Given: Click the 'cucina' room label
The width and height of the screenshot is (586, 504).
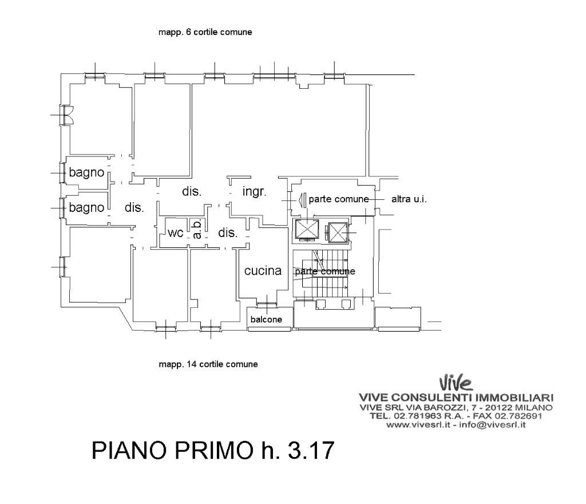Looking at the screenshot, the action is pos(263,270).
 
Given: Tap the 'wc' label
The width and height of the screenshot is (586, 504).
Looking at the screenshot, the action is pos(175,233).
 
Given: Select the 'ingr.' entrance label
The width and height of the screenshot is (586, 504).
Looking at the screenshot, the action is pos(254,192).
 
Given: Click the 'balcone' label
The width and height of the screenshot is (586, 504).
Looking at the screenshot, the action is pos(266,320).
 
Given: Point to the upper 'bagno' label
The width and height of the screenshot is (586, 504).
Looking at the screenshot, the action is pos(86,173).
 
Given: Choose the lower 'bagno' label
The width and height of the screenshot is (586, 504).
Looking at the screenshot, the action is pos(86,207).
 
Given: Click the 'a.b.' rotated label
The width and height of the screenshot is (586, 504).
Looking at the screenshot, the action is pos(197,229).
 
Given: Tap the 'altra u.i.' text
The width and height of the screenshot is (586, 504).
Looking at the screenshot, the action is pos(409,199).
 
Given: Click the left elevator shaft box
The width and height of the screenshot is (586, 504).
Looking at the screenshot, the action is pos(307,230).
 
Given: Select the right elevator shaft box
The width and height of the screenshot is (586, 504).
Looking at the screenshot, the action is pos(338,233).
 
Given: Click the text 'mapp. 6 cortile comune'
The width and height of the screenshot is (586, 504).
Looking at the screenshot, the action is pos(205,32).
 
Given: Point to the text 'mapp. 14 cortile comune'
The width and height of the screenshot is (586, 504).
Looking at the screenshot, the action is pos(208,364).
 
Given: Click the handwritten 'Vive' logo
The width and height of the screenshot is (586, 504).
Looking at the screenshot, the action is pos(456,383).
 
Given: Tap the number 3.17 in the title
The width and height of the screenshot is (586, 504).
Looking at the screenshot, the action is pos(311,450).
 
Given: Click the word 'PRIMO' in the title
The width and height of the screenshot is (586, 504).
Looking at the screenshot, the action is pos(214,450).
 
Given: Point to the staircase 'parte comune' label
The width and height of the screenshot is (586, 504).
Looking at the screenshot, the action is pos(325,271).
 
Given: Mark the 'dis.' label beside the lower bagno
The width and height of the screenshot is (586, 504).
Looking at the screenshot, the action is pos(134,207).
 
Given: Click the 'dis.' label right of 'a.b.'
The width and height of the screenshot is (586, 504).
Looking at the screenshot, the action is pos(228,233).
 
